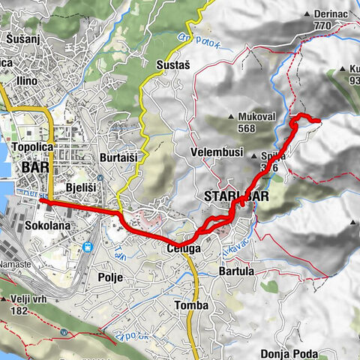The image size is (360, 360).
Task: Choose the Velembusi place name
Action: click(x=214, y=152)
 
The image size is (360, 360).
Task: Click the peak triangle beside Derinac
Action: click(x=306, y=14)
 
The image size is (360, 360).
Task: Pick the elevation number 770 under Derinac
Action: click(x=323, y=25)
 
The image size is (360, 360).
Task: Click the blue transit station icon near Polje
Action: click(x=88, y=247)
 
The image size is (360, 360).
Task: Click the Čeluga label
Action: click(x=182, y=247)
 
